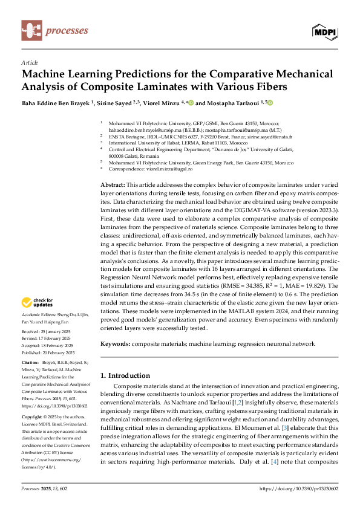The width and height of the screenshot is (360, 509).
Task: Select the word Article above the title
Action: [30, 62]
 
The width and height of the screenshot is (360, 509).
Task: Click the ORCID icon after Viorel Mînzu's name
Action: [191, 103]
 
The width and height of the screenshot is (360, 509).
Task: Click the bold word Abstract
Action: [112, 183]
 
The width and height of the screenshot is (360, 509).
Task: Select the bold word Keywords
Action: [115, 343]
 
